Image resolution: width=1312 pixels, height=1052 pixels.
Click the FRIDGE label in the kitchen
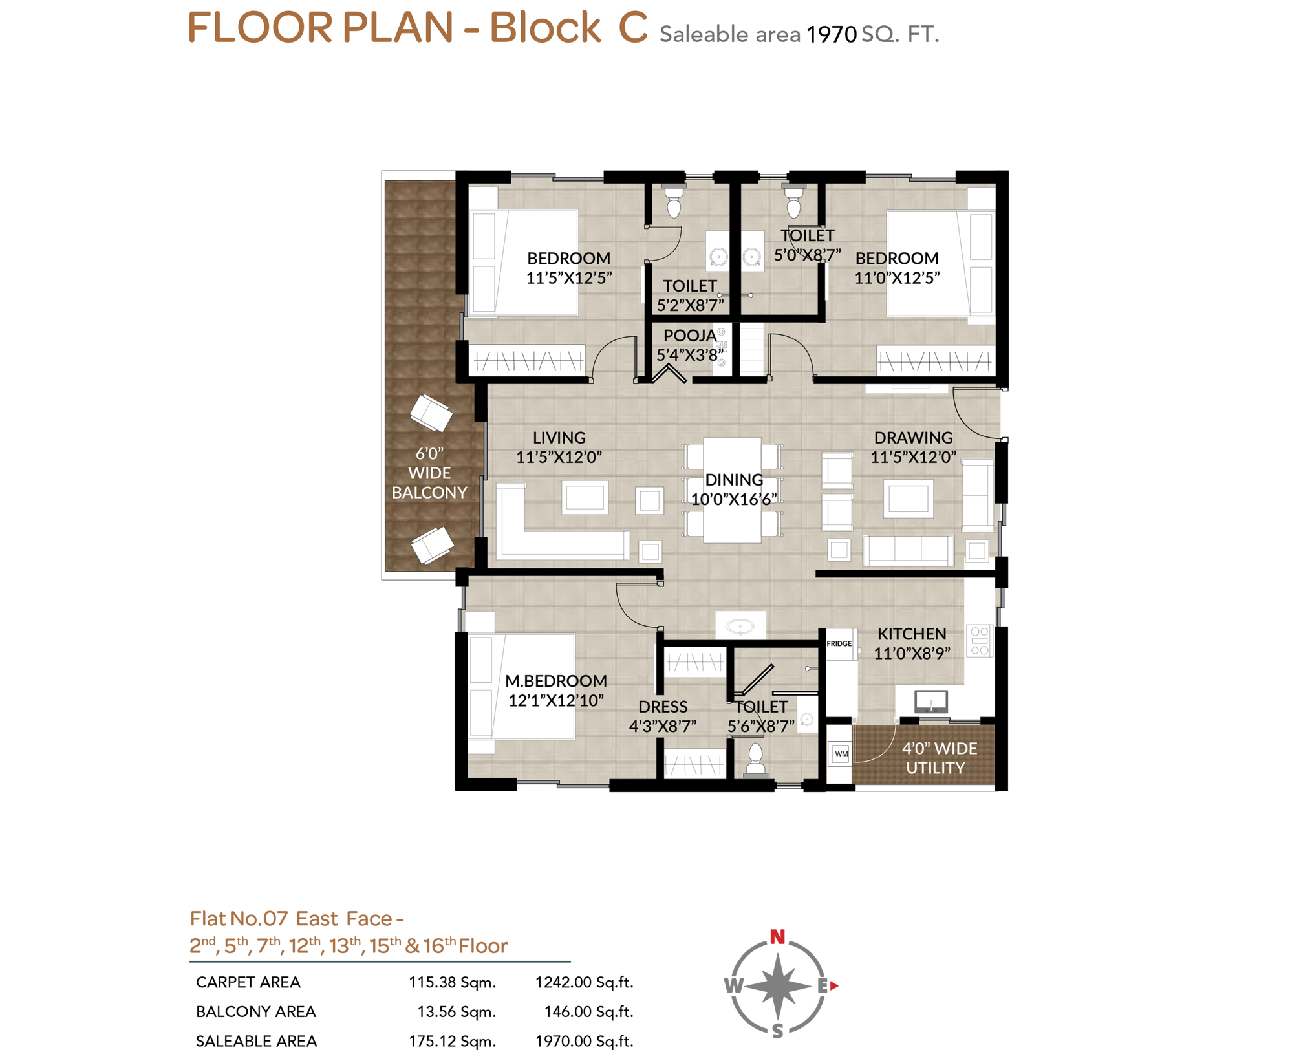pyautogui.click(x=839, y=643)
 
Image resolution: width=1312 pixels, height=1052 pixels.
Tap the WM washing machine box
pyautogui.click(x=841, y=753)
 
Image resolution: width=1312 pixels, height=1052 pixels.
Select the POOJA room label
pyautogui.click(x=689, y=336)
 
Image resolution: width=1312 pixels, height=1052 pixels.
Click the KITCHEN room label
pyautogui.click(x=912, y=634)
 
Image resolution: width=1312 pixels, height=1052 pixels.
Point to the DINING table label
pyautogui.click(x=734, y=480)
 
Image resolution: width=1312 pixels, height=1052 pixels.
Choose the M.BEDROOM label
pyautogui.click(x=556, y=681)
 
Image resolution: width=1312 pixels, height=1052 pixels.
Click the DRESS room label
pyautogui.click(x=663, y=707)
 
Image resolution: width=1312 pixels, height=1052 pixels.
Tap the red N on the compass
pyautogui.click(x=778, y=936)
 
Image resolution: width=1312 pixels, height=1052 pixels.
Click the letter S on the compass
pyautogui.click(x=778, y=1031)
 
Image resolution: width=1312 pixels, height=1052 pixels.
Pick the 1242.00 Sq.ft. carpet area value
pyautogui.click(x=584, y=982)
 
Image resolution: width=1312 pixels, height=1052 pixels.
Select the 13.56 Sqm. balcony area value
pyautogui.click(x=457, y=1012)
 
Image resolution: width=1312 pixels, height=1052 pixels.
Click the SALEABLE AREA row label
pyautogui.click(x=256, y=1041)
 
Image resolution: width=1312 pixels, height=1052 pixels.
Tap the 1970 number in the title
pyautogui.click(x=832, y=34)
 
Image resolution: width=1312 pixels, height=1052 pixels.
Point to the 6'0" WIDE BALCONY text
pyautogui.click(x=429, y=473)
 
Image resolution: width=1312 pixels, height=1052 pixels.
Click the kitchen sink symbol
pyautogui.click(x=931, y=701)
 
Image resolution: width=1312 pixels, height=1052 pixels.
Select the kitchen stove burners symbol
pyautogui.click(x=980, y=641)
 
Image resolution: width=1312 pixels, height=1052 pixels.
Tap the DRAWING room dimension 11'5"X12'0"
pyautogui.click(x=913, y=457)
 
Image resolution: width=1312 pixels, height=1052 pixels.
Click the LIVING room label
pyautogui.click(x=559, y=438)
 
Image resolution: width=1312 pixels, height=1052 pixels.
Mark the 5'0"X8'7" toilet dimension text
pyautogui.click(x=808, y=255)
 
